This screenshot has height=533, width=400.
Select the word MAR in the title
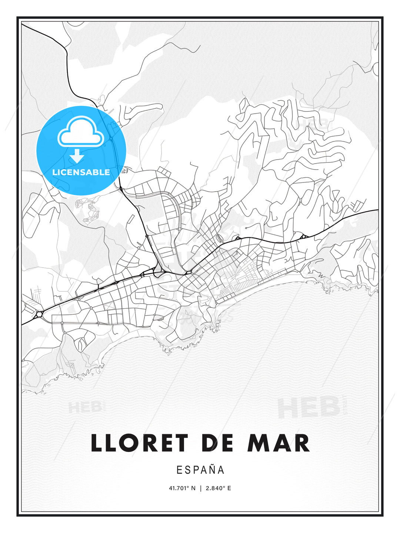click(278, 443)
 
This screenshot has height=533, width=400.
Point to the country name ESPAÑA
click(200, 470)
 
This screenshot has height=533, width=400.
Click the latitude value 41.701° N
click(182, 488)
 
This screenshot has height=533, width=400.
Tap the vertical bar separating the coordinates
click(200, 488)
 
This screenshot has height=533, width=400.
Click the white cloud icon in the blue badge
click(80, 131)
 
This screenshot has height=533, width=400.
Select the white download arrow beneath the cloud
click(77, 156)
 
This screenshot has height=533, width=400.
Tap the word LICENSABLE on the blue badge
click(81, 172)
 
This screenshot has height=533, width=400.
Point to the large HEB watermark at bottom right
click(309, 407)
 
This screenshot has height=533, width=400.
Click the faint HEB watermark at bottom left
click(85, 408)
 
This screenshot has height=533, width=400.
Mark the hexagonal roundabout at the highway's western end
click(39, 315)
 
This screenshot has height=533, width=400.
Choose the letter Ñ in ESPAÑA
click(211, 470)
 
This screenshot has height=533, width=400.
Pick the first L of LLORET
click(97, 443)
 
